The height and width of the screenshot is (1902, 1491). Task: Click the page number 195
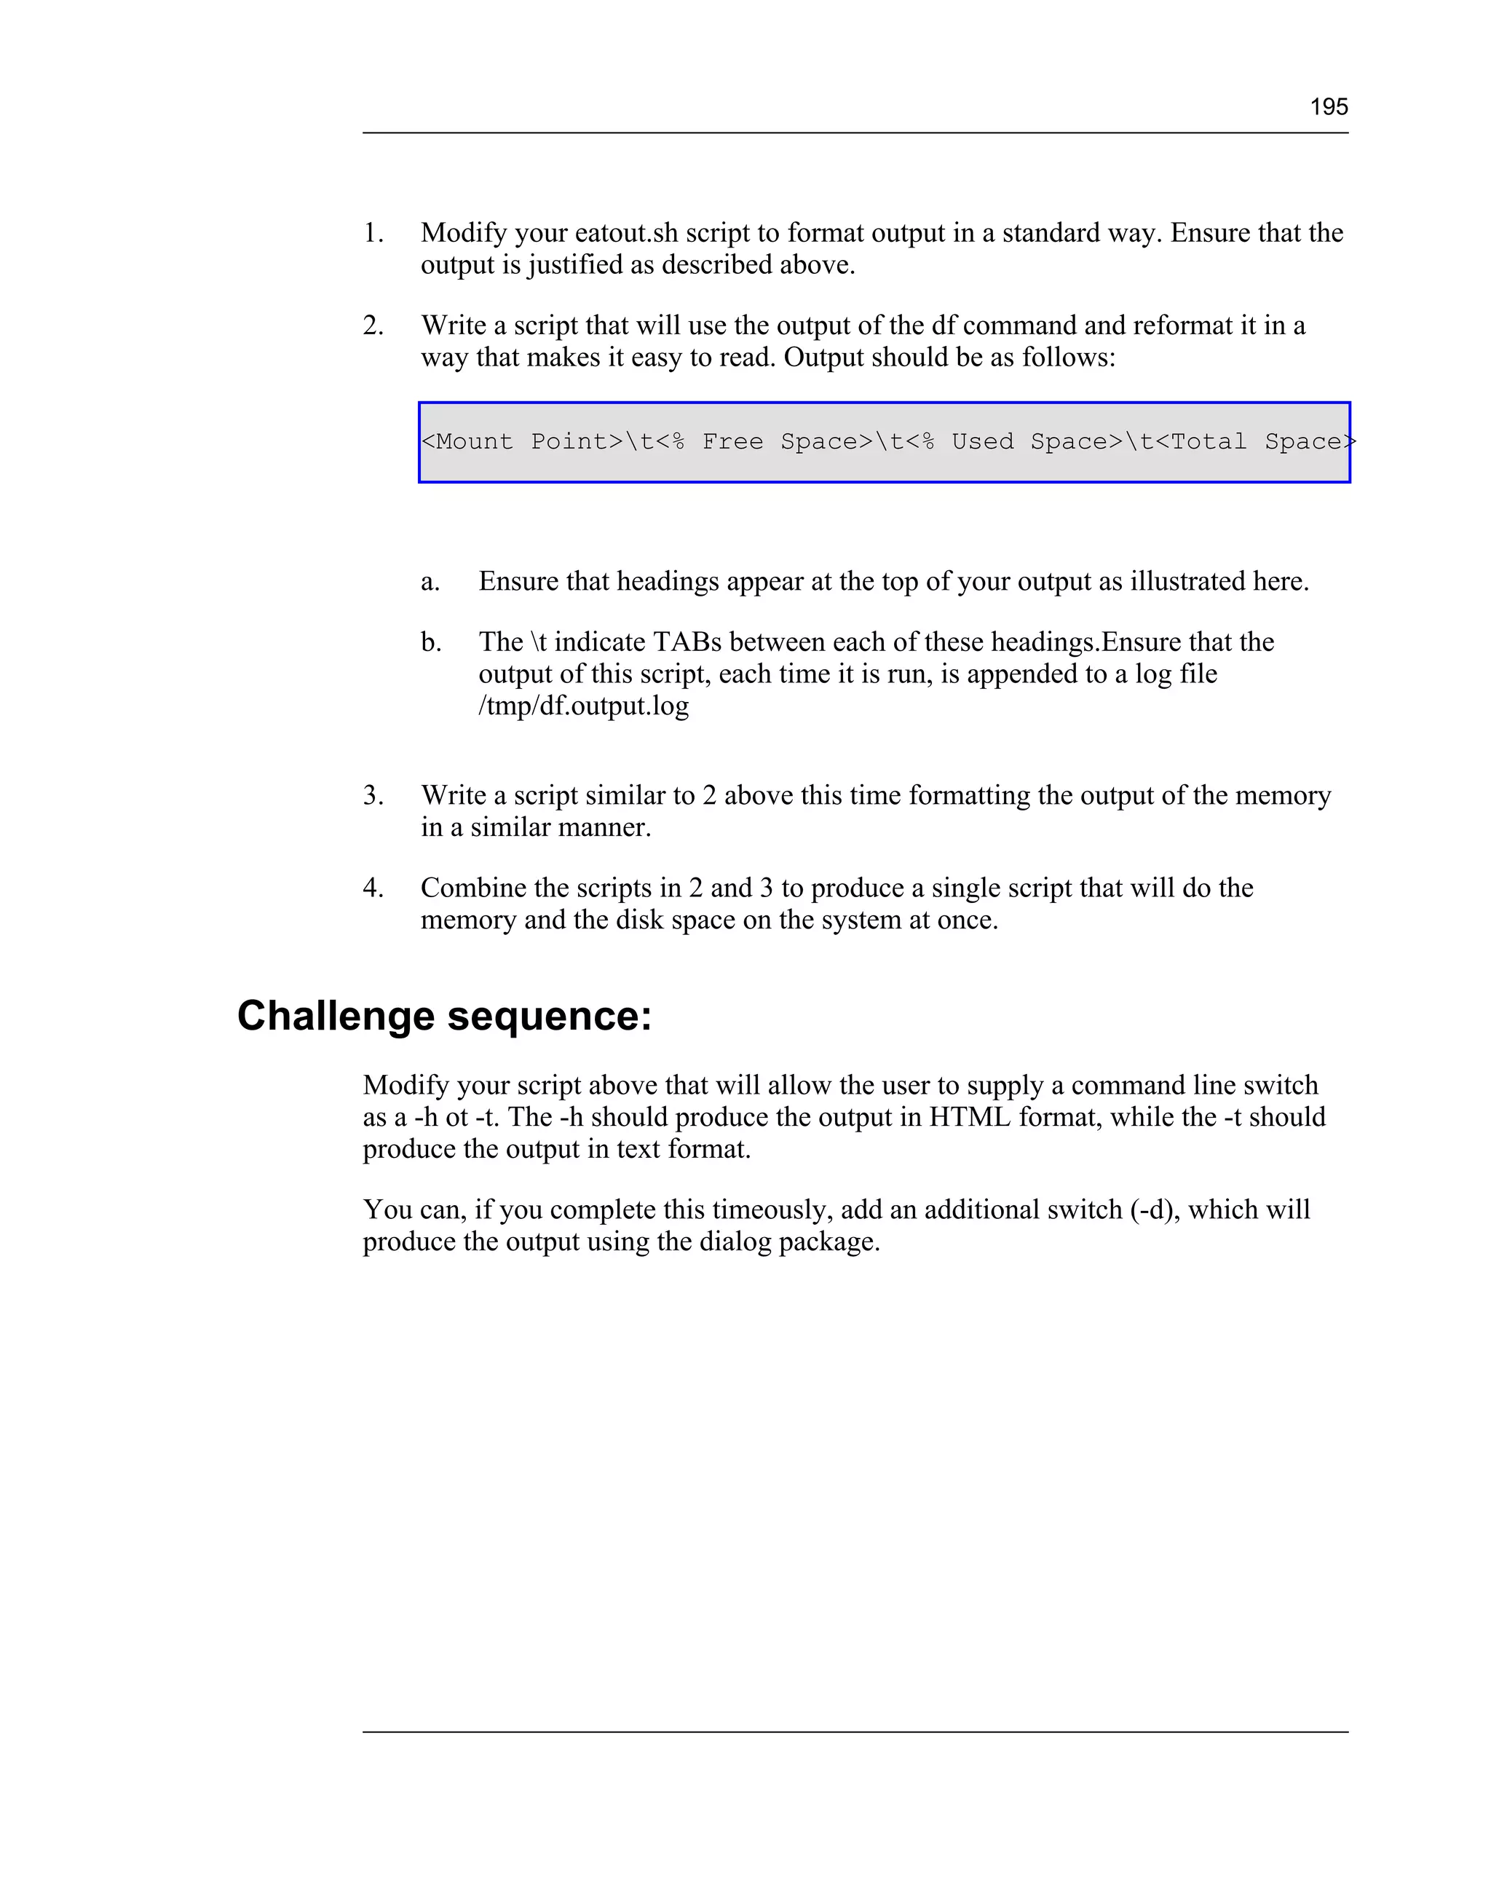pos(1329,107)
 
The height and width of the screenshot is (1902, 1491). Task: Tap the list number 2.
pos(373,325)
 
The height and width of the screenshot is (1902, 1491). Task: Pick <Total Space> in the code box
pos(1255,442)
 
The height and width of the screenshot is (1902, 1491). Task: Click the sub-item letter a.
pos(430,581)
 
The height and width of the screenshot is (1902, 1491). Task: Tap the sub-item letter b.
pos(430,642)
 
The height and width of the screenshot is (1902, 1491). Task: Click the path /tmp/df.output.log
pos(583,706)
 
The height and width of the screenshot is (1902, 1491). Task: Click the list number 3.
pos(373,795)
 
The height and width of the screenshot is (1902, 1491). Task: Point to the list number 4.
pos(373,888)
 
